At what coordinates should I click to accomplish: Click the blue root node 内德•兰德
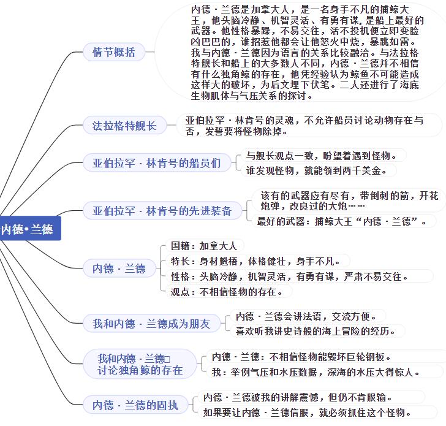tap(30, 228)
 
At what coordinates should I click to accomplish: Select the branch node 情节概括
tap(114, 52)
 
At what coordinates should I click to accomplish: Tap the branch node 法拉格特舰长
tap(124, 125)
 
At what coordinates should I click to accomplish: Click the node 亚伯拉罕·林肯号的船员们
tap(157, 163)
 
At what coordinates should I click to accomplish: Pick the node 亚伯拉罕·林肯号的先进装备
tap(162, 211)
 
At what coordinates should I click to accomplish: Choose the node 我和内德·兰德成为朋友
tap(151, 323)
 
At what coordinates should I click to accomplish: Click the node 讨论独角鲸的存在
tap(140, 364)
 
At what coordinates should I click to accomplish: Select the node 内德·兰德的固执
tap(135, 405)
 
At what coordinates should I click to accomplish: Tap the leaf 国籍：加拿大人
tap(204, 246)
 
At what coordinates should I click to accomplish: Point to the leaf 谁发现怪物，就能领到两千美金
tap(317, 170)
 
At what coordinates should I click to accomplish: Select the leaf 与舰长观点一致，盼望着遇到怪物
tap(322, 156)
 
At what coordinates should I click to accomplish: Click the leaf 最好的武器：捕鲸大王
tap(342, 221)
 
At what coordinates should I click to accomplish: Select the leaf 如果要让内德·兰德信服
tap(307, 412)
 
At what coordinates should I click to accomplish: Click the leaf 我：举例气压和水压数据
tap(316, 371)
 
